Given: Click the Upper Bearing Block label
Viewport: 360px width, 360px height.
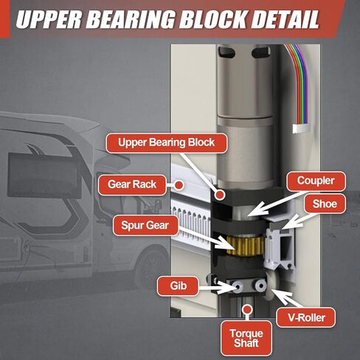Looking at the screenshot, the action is point(167,143).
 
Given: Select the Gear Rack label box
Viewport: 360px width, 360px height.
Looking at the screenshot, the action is point(132,184).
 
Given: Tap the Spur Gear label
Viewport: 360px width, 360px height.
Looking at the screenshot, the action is point(145,225).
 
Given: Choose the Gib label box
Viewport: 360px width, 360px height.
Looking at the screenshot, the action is point(178,285).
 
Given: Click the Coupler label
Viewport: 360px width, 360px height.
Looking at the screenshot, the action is point(316,181).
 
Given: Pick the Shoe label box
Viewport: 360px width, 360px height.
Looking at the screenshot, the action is point(325,204).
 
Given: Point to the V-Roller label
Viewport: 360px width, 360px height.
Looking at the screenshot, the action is point(306,317).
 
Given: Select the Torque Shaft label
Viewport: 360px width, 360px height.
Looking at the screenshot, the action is point(246,339).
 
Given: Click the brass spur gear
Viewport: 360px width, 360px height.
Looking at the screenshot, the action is point(245,246).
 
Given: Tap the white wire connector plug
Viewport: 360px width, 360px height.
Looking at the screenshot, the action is point(300,128).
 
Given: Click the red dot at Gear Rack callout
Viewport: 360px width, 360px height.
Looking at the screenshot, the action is point(179,184).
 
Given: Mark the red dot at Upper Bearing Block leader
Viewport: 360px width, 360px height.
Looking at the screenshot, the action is point(220,195).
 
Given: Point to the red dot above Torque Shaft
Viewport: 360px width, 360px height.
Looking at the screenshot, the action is point(247,309).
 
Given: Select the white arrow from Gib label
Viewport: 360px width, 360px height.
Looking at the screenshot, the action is point(215,287).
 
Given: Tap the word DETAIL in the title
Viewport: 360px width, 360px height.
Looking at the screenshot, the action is point(285,19).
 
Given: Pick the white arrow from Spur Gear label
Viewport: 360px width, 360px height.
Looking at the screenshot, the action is point(204,238).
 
